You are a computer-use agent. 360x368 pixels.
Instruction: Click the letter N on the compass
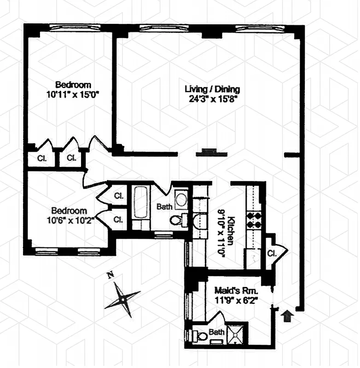click(x=110, y=276)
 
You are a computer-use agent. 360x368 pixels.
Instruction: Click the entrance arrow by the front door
click(x=287, y=316)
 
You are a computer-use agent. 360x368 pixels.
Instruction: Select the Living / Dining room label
click(x=212, y=89)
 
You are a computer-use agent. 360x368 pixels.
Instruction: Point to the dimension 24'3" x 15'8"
click(x=212, y=98)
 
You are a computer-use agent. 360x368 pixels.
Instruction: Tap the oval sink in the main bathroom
click(x=181, y=199)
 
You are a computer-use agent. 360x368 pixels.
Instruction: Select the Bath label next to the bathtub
click(x=164, y=207)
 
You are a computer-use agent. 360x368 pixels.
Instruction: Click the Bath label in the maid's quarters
click(x=217, y=331)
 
